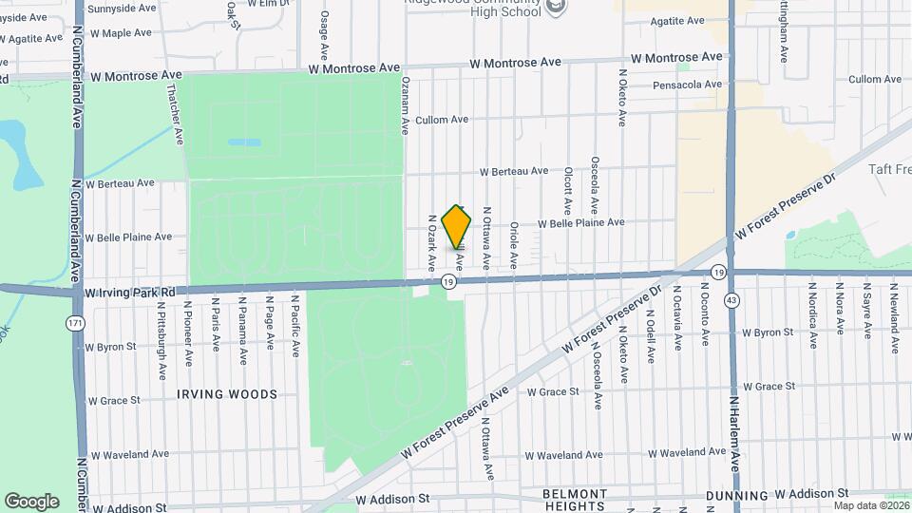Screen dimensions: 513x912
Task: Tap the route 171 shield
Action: [73, 324]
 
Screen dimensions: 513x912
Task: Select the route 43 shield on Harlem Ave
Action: [731, 300]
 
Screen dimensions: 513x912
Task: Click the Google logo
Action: [31, 501]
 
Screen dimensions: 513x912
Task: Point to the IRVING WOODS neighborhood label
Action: [228, 393]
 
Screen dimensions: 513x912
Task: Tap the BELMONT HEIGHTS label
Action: [574, 500]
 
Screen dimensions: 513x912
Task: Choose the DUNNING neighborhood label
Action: [737, 496]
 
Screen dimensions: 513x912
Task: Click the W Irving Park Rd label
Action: [131, 292]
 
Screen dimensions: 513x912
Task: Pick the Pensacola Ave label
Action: [688, 85]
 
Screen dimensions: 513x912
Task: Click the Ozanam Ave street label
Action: [406, 104]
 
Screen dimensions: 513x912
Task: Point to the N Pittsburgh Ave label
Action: [161, 333]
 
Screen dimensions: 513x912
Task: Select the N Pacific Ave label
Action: [296, 328]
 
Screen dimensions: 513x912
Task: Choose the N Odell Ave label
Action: [651, 335]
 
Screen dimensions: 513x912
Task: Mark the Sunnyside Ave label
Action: [123, 8]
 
